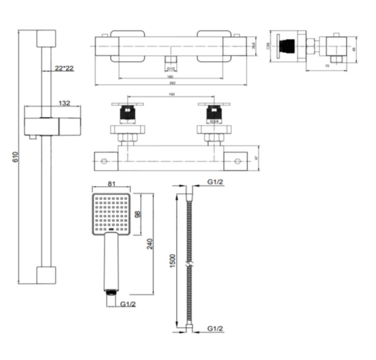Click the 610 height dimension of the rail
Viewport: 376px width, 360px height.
click(14, 158)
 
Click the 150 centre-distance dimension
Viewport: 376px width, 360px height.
click(170, 95)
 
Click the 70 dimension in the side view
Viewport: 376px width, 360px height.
click(328, 66)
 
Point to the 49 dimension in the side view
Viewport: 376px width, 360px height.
click(354, 49)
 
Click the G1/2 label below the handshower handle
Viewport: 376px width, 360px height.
click(128, 303)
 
